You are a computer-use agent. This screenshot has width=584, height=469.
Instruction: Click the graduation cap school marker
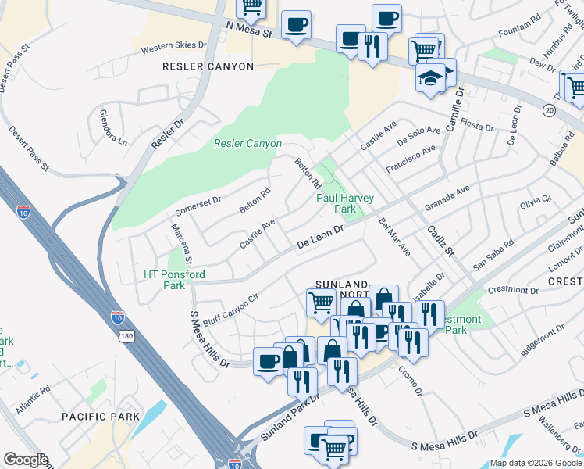point(430,78)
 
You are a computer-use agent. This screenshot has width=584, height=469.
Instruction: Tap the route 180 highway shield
point(127,335)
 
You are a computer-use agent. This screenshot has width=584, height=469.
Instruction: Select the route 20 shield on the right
point(550,111)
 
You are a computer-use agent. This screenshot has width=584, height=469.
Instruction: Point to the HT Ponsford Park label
point(174,280)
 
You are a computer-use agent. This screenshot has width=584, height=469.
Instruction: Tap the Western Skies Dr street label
point(173,48)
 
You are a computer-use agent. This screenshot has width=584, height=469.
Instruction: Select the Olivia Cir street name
point(536,202)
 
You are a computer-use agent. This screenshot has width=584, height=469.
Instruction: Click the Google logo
point(25,460)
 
